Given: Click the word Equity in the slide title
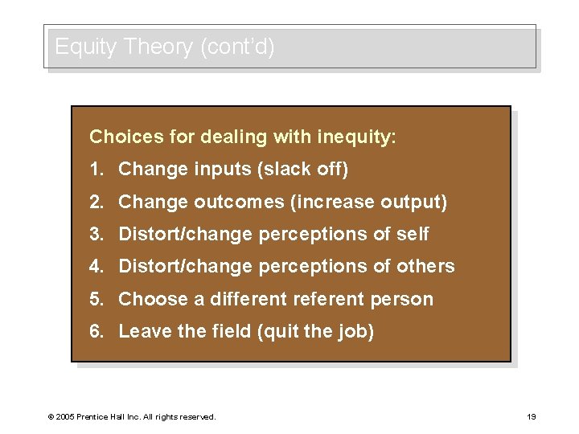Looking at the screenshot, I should pyautogui.click(x=86, y=47).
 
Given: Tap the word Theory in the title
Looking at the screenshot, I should pyautogui.click(x=158, y=47).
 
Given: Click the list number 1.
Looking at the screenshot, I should pyautogui.click(x=95, y=170).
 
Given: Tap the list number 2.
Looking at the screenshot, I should pyautogui.click(x=95, y=202).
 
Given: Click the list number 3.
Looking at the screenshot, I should pyautogui.click(x=95, y=234).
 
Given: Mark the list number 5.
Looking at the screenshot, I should pyautogui.click(x=95, y=299).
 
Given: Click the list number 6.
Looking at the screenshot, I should pyautogui.click(x=95, y=331).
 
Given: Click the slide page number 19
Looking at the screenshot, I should pyautogui.click(x=531, y=416).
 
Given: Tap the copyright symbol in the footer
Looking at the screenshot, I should pyautogui.click(x=51, y=417).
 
